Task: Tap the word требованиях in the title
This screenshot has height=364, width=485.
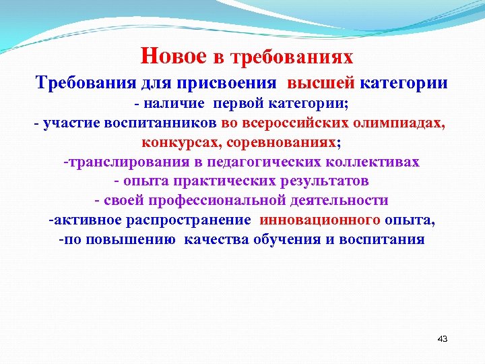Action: click(x=292, y=57)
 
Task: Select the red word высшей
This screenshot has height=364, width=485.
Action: click(x=321, y=84)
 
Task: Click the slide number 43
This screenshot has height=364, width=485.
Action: click(x=442, y=338)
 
